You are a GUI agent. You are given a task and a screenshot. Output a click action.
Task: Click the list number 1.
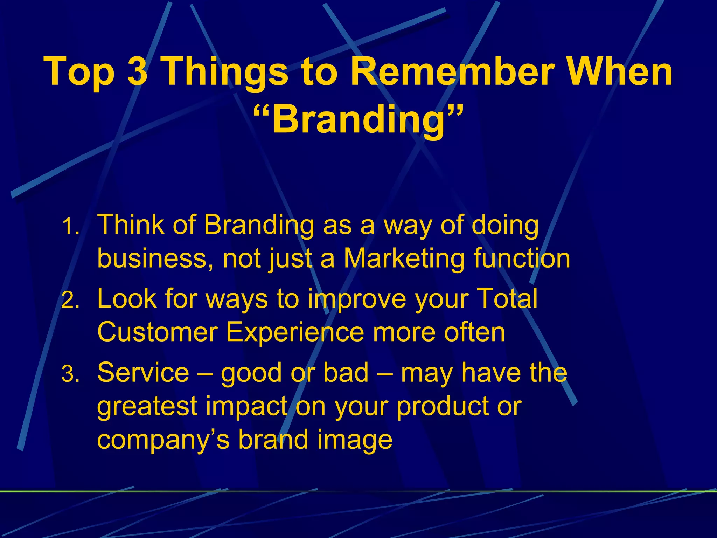(x=71, y=227)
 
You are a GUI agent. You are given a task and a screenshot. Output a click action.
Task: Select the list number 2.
(x=71, y=301)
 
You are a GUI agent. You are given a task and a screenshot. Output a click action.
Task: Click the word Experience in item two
(x=295, y=332)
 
